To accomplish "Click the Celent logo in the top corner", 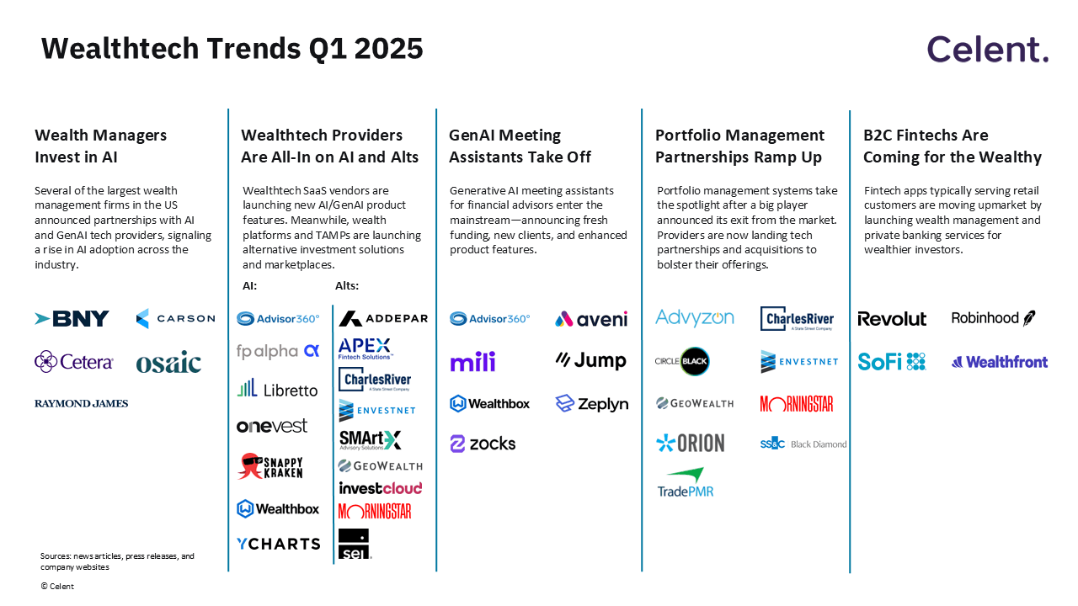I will [988, 50].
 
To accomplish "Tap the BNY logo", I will [72, 319].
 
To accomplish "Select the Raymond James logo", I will [82, 404].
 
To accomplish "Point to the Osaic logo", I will [168, 362].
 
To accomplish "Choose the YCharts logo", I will [278, 544].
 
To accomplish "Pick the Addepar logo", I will [383, 319].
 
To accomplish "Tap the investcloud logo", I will [380, 488].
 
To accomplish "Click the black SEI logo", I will [354, 544].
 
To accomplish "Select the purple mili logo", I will [472, 362].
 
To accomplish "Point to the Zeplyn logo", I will [591, 404].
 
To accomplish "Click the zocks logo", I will [483, 444].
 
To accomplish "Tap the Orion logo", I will [690, 443].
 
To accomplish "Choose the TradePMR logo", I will [685, 482].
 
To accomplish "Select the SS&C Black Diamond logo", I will [803, 444].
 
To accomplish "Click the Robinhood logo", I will [993, 318].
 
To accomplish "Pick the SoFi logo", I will [892, 362].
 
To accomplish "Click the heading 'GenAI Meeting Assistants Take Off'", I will [520, 146].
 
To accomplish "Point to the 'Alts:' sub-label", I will [347, 286].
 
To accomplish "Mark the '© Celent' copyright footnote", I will [57, 587].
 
